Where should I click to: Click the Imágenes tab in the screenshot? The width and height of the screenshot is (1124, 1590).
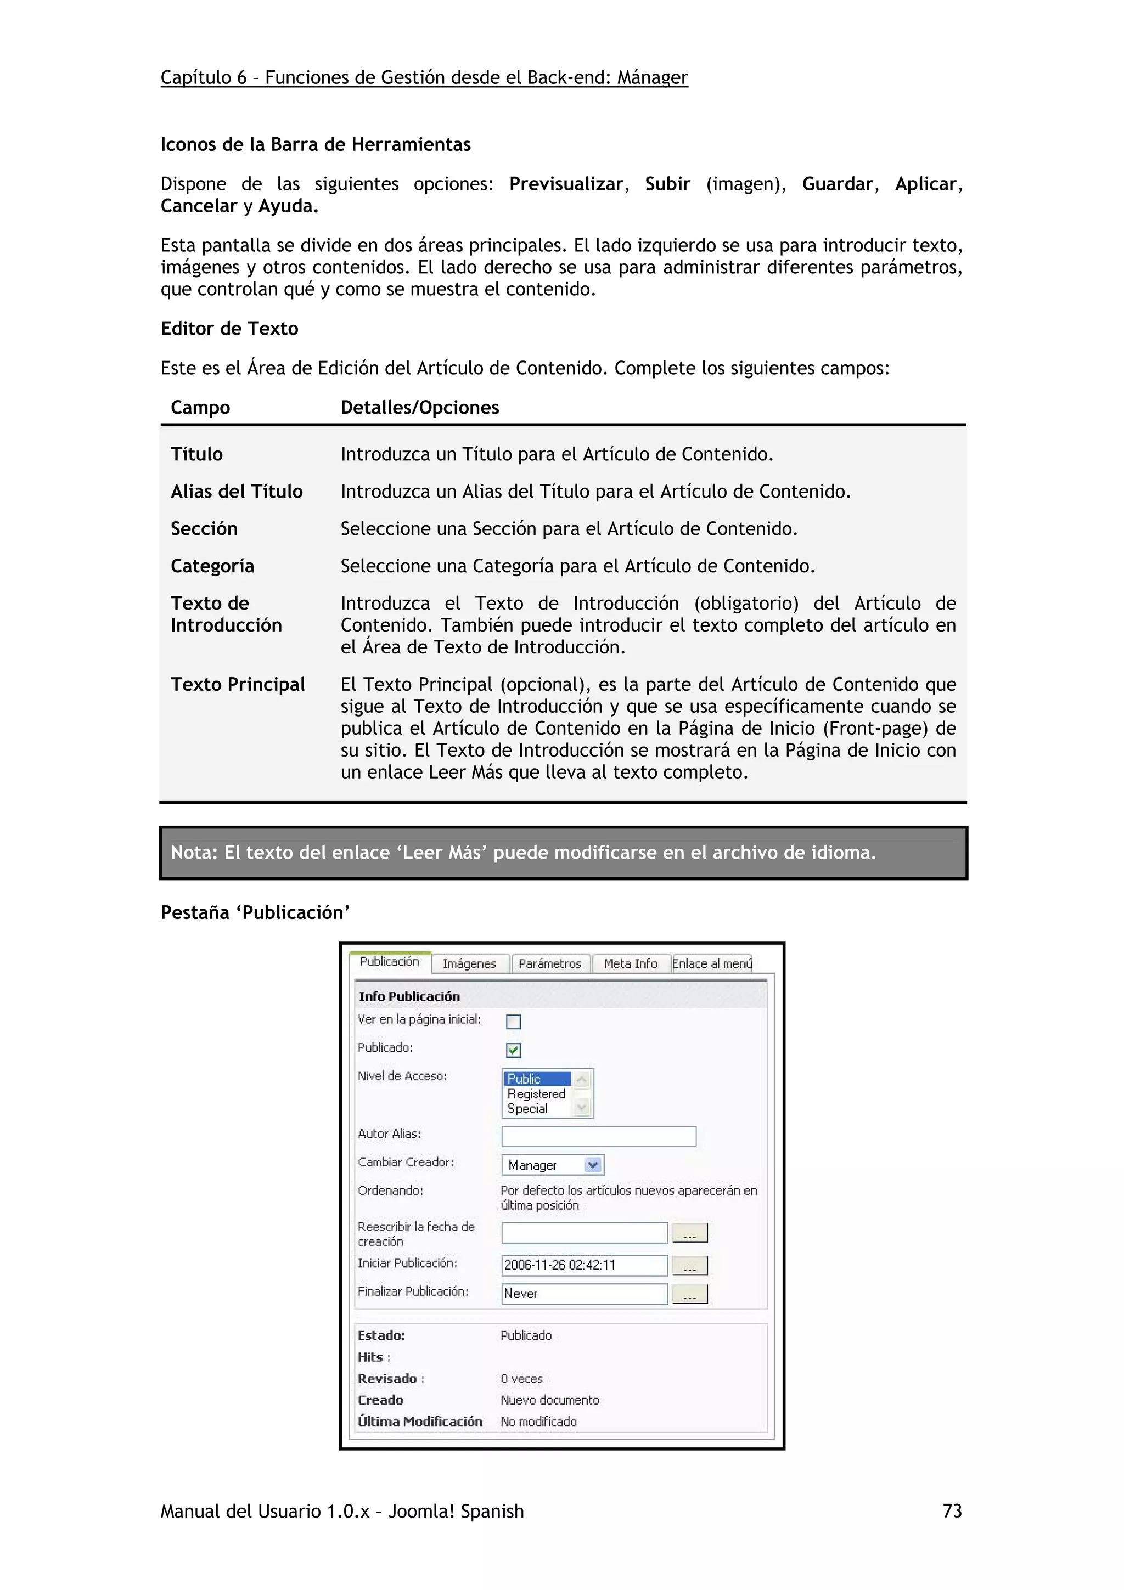click(x=470, y=963)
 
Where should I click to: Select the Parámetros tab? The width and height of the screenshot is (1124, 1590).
click(x=550, y=963)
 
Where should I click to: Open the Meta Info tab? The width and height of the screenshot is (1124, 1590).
click(x=630, y=963)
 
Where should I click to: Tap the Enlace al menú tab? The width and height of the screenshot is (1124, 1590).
click(x=712, y=963)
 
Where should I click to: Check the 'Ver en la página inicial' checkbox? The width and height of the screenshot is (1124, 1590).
click(x=513, y=1022)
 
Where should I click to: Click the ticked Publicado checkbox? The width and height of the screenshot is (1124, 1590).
click(x=513, y=1050)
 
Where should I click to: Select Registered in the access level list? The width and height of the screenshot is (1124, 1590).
click(x=537, y=1093)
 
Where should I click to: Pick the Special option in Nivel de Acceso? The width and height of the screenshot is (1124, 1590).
click(x=528, y=1109)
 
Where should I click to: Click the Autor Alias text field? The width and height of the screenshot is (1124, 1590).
click(x=598, y=1136)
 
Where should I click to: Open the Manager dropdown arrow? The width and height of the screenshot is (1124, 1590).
click(x=593, y=1165)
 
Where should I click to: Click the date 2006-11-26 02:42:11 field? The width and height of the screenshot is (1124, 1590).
click(x=584, y=1265)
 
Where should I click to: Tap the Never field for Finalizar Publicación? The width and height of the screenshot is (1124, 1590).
click(x=584, y=1294)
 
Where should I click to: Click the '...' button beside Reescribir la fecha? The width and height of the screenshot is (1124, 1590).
click(x=690, y=1233)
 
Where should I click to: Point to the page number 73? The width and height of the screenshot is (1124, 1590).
click(x=952, y=1511)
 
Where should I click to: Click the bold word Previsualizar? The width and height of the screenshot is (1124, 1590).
click(x=566, y=184)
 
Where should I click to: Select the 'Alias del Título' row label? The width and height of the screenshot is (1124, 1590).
click(x=237, y=492)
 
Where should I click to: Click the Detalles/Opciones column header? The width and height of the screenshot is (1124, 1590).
click(x=420, y=407)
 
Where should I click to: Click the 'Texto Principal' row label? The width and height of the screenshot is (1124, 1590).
click(x=238, y=684)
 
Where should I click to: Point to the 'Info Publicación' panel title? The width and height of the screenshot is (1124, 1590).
click(x=409, y=996)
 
